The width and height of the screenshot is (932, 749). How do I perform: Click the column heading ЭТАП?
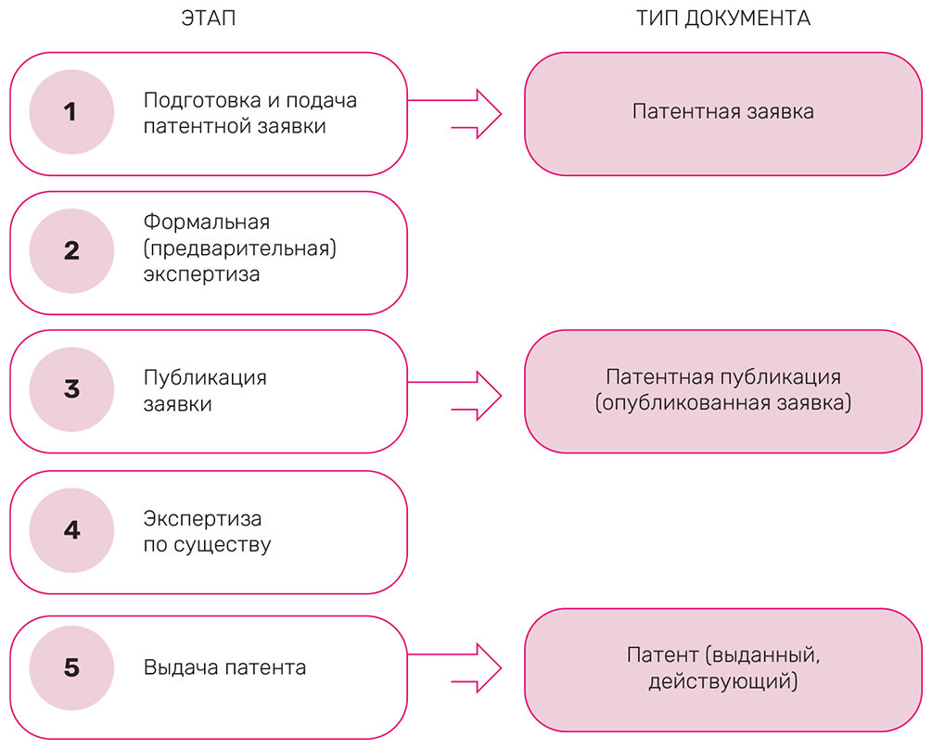tap(209, 19)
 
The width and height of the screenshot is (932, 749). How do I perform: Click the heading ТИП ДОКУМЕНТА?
tap(723, 19)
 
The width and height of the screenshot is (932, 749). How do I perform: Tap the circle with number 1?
tap(71, 113)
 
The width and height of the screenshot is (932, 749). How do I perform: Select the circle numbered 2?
tap(71, 251)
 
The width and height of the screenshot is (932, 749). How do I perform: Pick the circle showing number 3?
tap(71, 390)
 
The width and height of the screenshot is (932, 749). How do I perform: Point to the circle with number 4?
tap(71, 530)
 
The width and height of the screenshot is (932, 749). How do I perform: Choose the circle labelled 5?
tap(71, 668)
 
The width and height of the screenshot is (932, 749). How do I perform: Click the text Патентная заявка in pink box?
tap(723, 112)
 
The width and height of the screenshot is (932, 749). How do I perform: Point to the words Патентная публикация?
tap(723, 377)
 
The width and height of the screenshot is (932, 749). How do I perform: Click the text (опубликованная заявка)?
tap(723, 403)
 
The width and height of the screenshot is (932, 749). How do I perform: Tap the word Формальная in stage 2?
tap(207, 222)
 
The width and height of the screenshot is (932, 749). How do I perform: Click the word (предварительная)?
tap(239, 248)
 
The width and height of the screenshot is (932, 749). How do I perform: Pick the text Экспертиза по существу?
tap(207, 531)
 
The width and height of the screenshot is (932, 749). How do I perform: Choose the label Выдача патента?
tap(224, 667)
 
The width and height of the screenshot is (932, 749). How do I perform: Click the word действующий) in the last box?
tap(723, 682)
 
